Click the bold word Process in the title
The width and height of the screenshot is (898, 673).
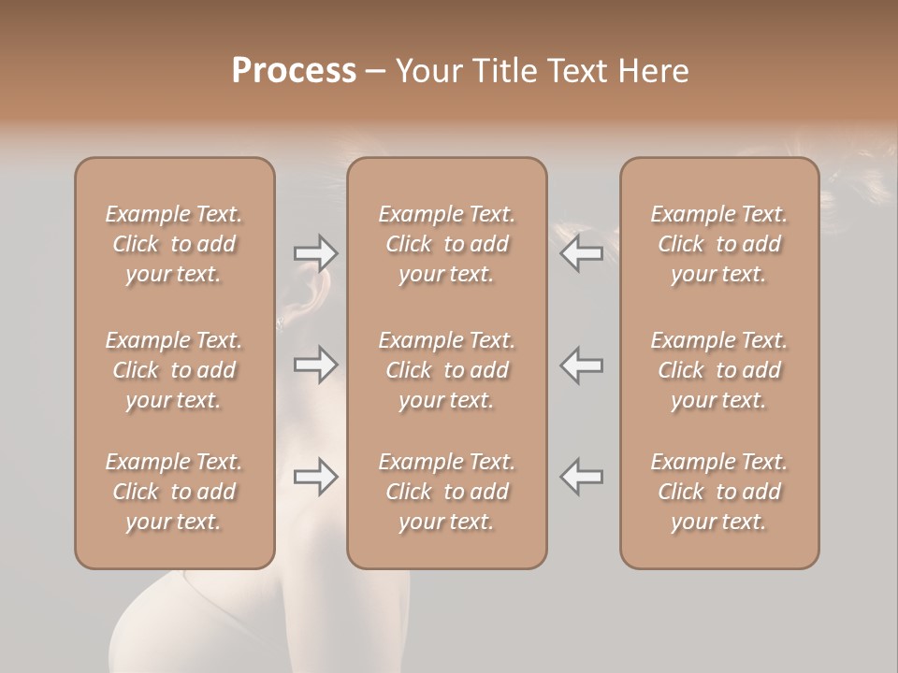coord(294,71)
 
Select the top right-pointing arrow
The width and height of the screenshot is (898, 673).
coord(315,253)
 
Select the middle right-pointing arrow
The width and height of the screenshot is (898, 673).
coord(315,364)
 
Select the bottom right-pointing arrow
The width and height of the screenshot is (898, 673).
coord(315,477)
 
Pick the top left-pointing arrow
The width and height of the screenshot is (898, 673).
coord(582,253)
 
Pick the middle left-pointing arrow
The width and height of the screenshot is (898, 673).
coord(582,364)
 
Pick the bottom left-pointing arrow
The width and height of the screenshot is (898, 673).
coord(582,477)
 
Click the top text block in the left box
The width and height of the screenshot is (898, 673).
coord(174,244)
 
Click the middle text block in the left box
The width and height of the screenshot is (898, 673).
coord(174,370)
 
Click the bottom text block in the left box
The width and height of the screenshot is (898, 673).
coord(174,492)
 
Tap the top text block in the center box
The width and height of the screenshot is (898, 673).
coord(447,244)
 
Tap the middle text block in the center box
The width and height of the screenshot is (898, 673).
coord(447,370)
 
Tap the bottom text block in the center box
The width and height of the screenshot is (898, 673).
coord(447,492)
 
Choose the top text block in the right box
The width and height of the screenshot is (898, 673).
coord(719,244)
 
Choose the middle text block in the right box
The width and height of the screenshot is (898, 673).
coord(719,370)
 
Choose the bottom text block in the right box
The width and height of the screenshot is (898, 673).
coord(719,492)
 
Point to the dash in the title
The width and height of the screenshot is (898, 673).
coord(375,72)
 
